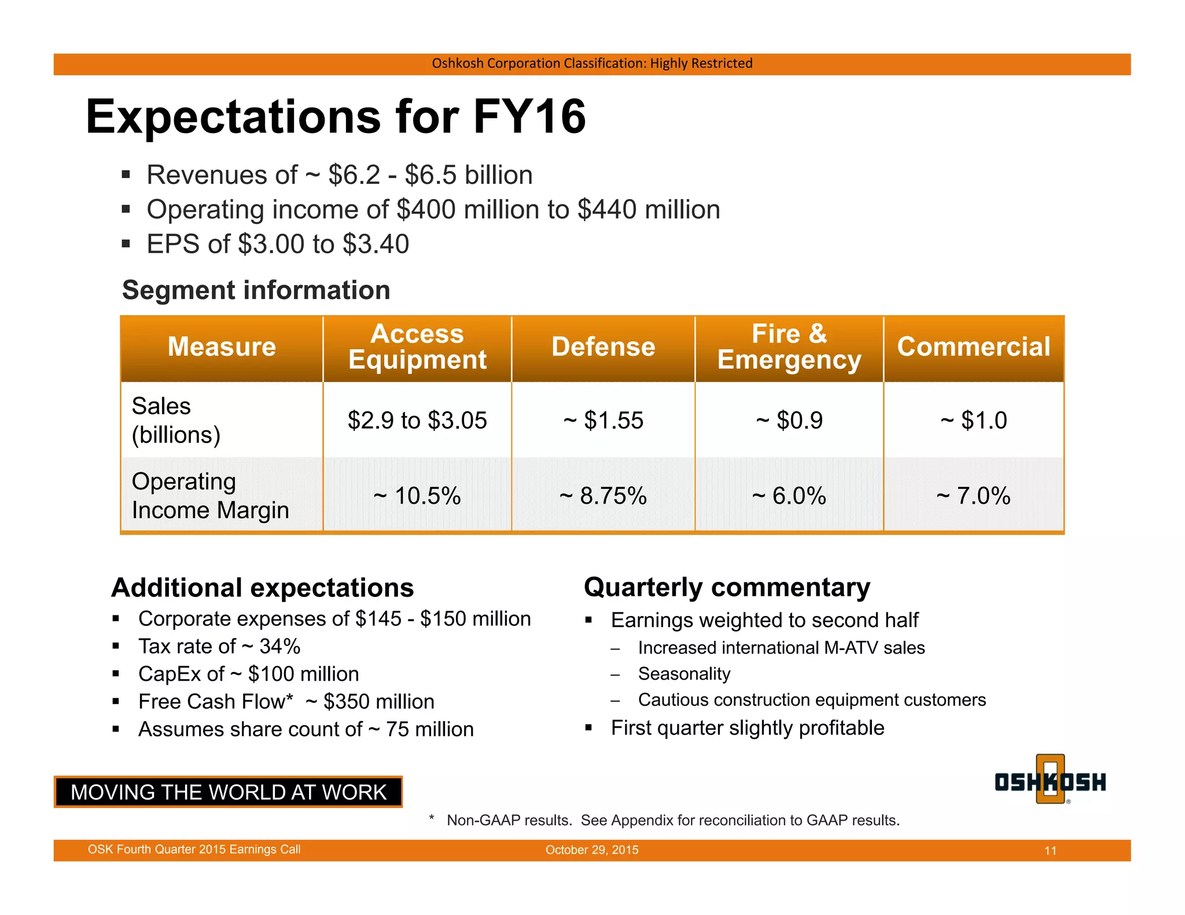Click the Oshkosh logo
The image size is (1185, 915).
[x=1050, y=781]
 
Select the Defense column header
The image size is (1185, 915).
[x=603, y=347]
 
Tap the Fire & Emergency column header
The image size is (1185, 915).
[x=789, y=347]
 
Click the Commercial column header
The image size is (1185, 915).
[x=973, y=347]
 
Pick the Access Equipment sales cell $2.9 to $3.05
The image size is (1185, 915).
[x=417, y=420]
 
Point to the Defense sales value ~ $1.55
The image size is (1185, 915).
[x=603, y=420]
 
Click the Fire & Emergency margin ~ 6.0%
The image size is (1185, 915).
[x=789, y=496]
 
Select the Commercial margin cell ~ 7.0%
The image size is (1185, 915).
[x=973, y=496]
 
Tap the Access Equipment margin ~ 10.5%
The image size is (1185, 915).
[x=417, y=496]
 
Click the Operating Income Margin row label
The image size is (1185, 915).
[x=210, y=496]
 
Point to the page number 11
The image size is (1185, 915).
[x=1050, y=851]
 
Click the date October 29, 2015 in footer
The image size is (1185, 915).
[x=592, y=850]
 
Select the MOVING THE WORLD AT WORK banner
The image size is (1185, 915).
[x=228, y=792]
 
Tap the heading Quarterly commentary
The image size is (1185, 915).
[x=727, y=587]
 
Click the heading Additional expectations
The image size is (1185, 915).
[x=262, y=588]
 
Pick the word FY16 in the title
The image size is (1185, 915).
[x=529, y=117]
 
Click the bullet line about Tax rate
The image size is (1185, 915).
[x=219, y=647]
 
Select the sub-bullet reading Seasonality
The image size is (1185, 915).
[x=684, y=674]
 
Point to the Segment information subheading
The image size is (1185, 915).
[x=256, y=290]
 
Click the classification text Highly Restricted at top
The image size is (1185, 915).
[x=701, y=63]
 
